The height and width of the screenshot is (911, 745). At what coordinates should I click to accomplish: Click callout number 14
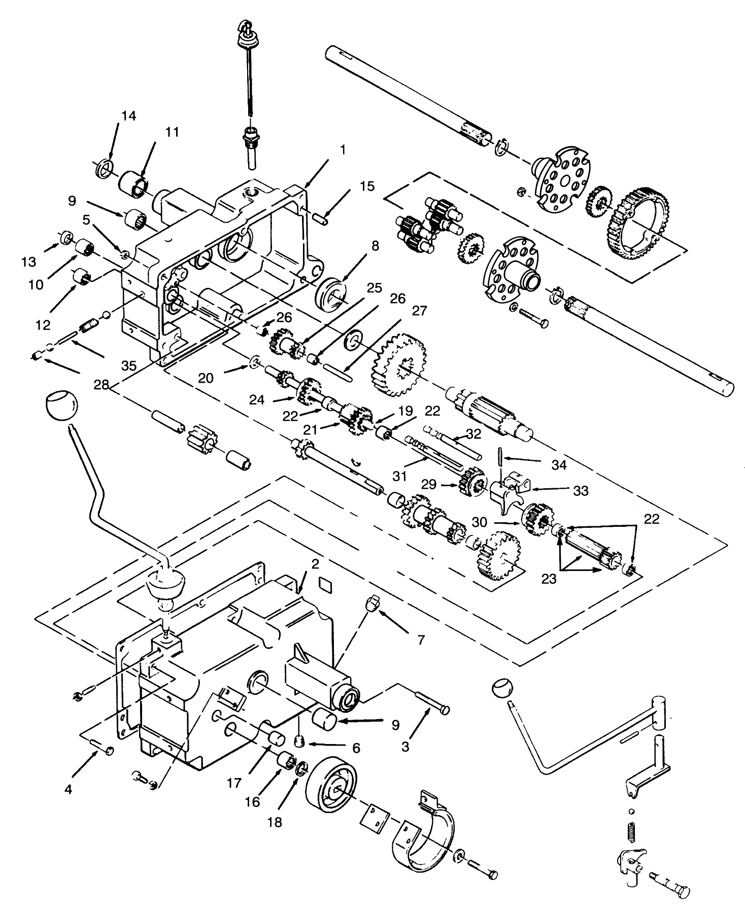pyautogui.click(x=129, y=116)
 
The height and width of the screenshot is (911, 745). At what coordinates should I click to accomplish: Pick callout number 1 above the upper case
pyautogui.click(x=343, y=150)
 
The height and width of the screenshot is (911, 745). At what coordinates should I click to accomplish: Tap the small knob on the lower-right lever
pyautogui.click(x=502, y=688)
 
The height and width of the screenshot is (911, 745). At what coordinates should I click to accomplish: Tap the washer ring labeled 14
pyautogui.click(x=103, y=168)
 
